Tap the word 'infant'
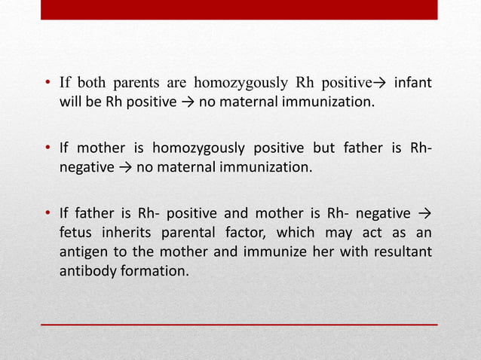[x=412, y=83]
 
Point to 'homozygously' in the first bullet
[x=234, y=83]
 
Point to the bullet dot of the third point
[x=47, y=211]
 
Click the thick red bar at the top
[x=239, y=9]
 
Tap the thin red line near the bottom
[x=239, y=324]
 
